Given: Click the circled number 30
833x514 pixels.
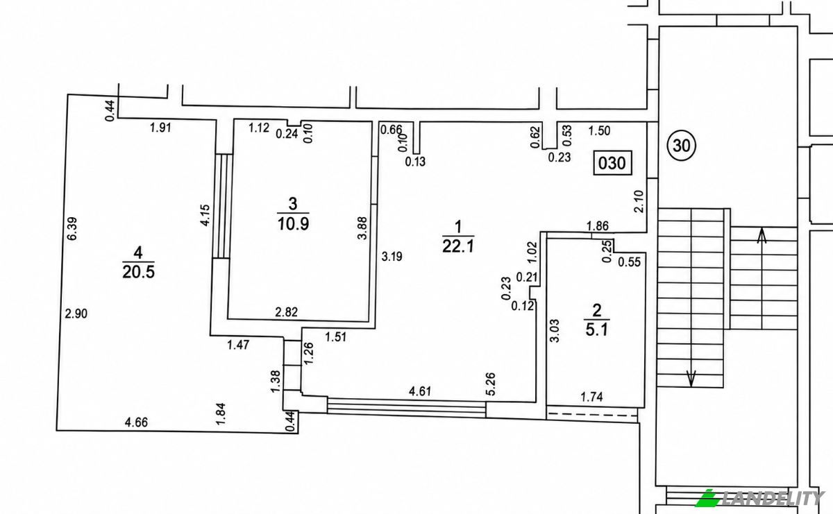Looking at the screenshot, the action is click(x=681, y=145).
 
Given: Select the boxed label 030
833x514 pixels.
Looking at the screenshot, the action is click(x=612, y=163).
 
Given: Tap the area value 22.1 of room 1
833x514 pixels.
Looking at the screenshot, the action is click(x=458, y=246).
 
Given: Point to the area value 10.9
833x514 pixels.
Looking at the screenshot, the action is click(x=293, y=224).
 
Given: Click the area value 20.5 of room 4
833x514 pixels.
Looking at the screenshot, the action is click(x=138, y=272).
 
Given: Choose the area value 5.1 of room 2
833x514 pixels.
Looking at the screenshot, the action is click(x=597, y=329).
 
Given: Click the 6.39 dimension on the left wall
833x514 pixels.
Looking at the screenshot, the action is click(x=72, y=229).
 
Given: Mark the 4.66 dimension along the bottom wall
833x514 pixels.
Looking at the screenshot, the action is click(x=137, y=422).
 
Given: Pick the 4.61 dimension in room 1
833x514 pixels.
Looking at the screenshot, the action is click(x=420, y=391).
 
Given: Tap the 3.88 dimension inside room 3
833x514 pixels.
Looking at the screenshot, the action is click(x=362, y=228).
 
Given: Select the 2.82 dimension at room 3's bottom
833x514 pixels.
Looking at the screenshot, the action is click(x=286, y=312).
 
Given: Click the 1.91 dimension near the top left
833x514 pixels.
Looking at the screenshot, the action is click(x=160, y=128).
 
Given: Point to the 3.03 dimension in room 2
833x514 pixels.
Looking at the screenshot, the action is click(x=554, y=331).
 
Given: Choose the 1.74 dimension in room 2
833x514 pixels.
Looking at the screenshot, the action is click(x=591, y=397).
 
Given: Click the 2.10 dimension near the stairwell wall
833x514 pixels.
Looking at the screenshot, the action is click(x=639, y=201).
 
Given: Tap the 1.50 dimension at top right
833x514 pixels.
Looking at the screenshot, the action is click(x=600, y=131).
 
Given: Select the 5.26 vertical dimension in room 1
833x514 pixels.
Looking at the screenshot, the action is click(x=491, y=384).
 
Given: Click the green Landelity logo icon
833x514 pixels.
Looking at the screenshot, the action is click(x=707, y=498).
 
